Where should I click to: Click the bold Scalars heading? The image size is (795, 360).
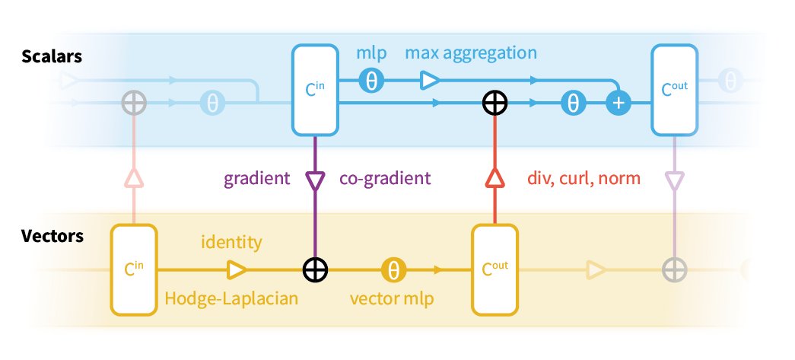(x=52, y=56)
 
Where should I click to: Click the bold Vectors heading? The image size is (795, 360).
(x=52, y=236)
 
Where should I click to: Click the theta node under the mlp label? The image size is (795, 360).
(x=372, y=80)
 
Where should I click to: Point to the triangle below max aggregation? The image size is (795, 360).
(x=430, y=80)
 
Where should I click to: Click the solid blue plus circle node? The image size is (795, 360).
(x=619, y=104)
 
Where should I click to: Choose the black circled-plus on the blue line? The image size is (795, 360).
(x=494, y=104)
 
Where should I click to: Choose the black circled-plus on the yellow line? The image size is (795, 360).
(x=315, y=269)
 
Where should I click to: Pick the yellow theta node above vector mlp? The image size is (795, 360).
(x=393, y=269)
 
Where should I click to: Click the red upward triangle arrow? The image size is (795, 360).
(x=494, y=178)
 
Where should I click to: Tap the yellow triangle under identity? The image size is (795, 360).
(x=237, y=269)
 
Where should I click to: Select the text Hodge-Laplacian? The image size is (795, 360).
(x=231, y=298)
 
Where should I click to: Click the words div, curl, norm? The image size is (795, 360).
(x=584, y=178)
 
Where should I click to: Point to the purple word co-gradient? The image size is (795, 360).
(x=386, y=179)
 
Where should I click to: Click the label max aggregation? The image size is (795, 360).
(x=470, y=53)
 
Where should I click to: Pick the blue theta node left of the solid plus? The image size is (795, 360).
(x=573, y=104)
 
